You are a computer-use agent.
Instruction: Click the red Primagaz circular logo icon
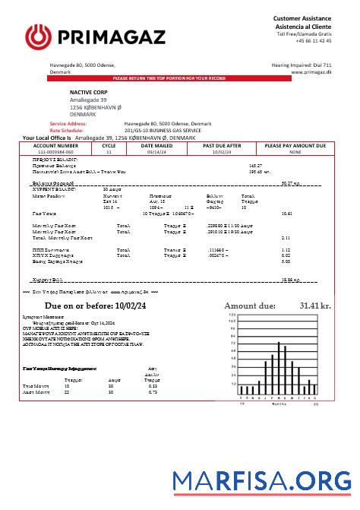[x=37, y=36]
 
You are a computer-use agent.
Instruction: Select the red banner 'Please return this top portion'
[x=179, y=78]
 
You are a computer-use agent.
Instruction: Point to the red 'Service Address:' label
[x=68, y=123]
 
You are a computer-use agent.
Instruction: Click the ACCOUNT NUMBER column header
[x=55, y=144]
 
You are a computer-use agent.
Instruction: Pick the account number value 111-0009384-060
[x=55, y=151]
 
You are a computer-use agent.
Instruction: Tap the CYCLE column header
[x=109, y=144]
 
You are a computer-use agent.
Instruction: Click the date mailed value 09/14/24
[x=156, y=151]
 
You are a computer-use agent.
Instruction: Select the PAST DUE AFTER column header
[x=223, y=144]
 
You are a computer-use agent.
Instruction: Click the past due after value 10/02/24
[x=223, y=151]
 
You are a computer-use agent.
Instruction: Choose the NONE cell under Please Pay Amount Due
[x=295, y=151]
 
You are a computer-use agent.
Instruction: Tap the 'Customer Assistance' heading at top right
[x=302, y=17]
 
